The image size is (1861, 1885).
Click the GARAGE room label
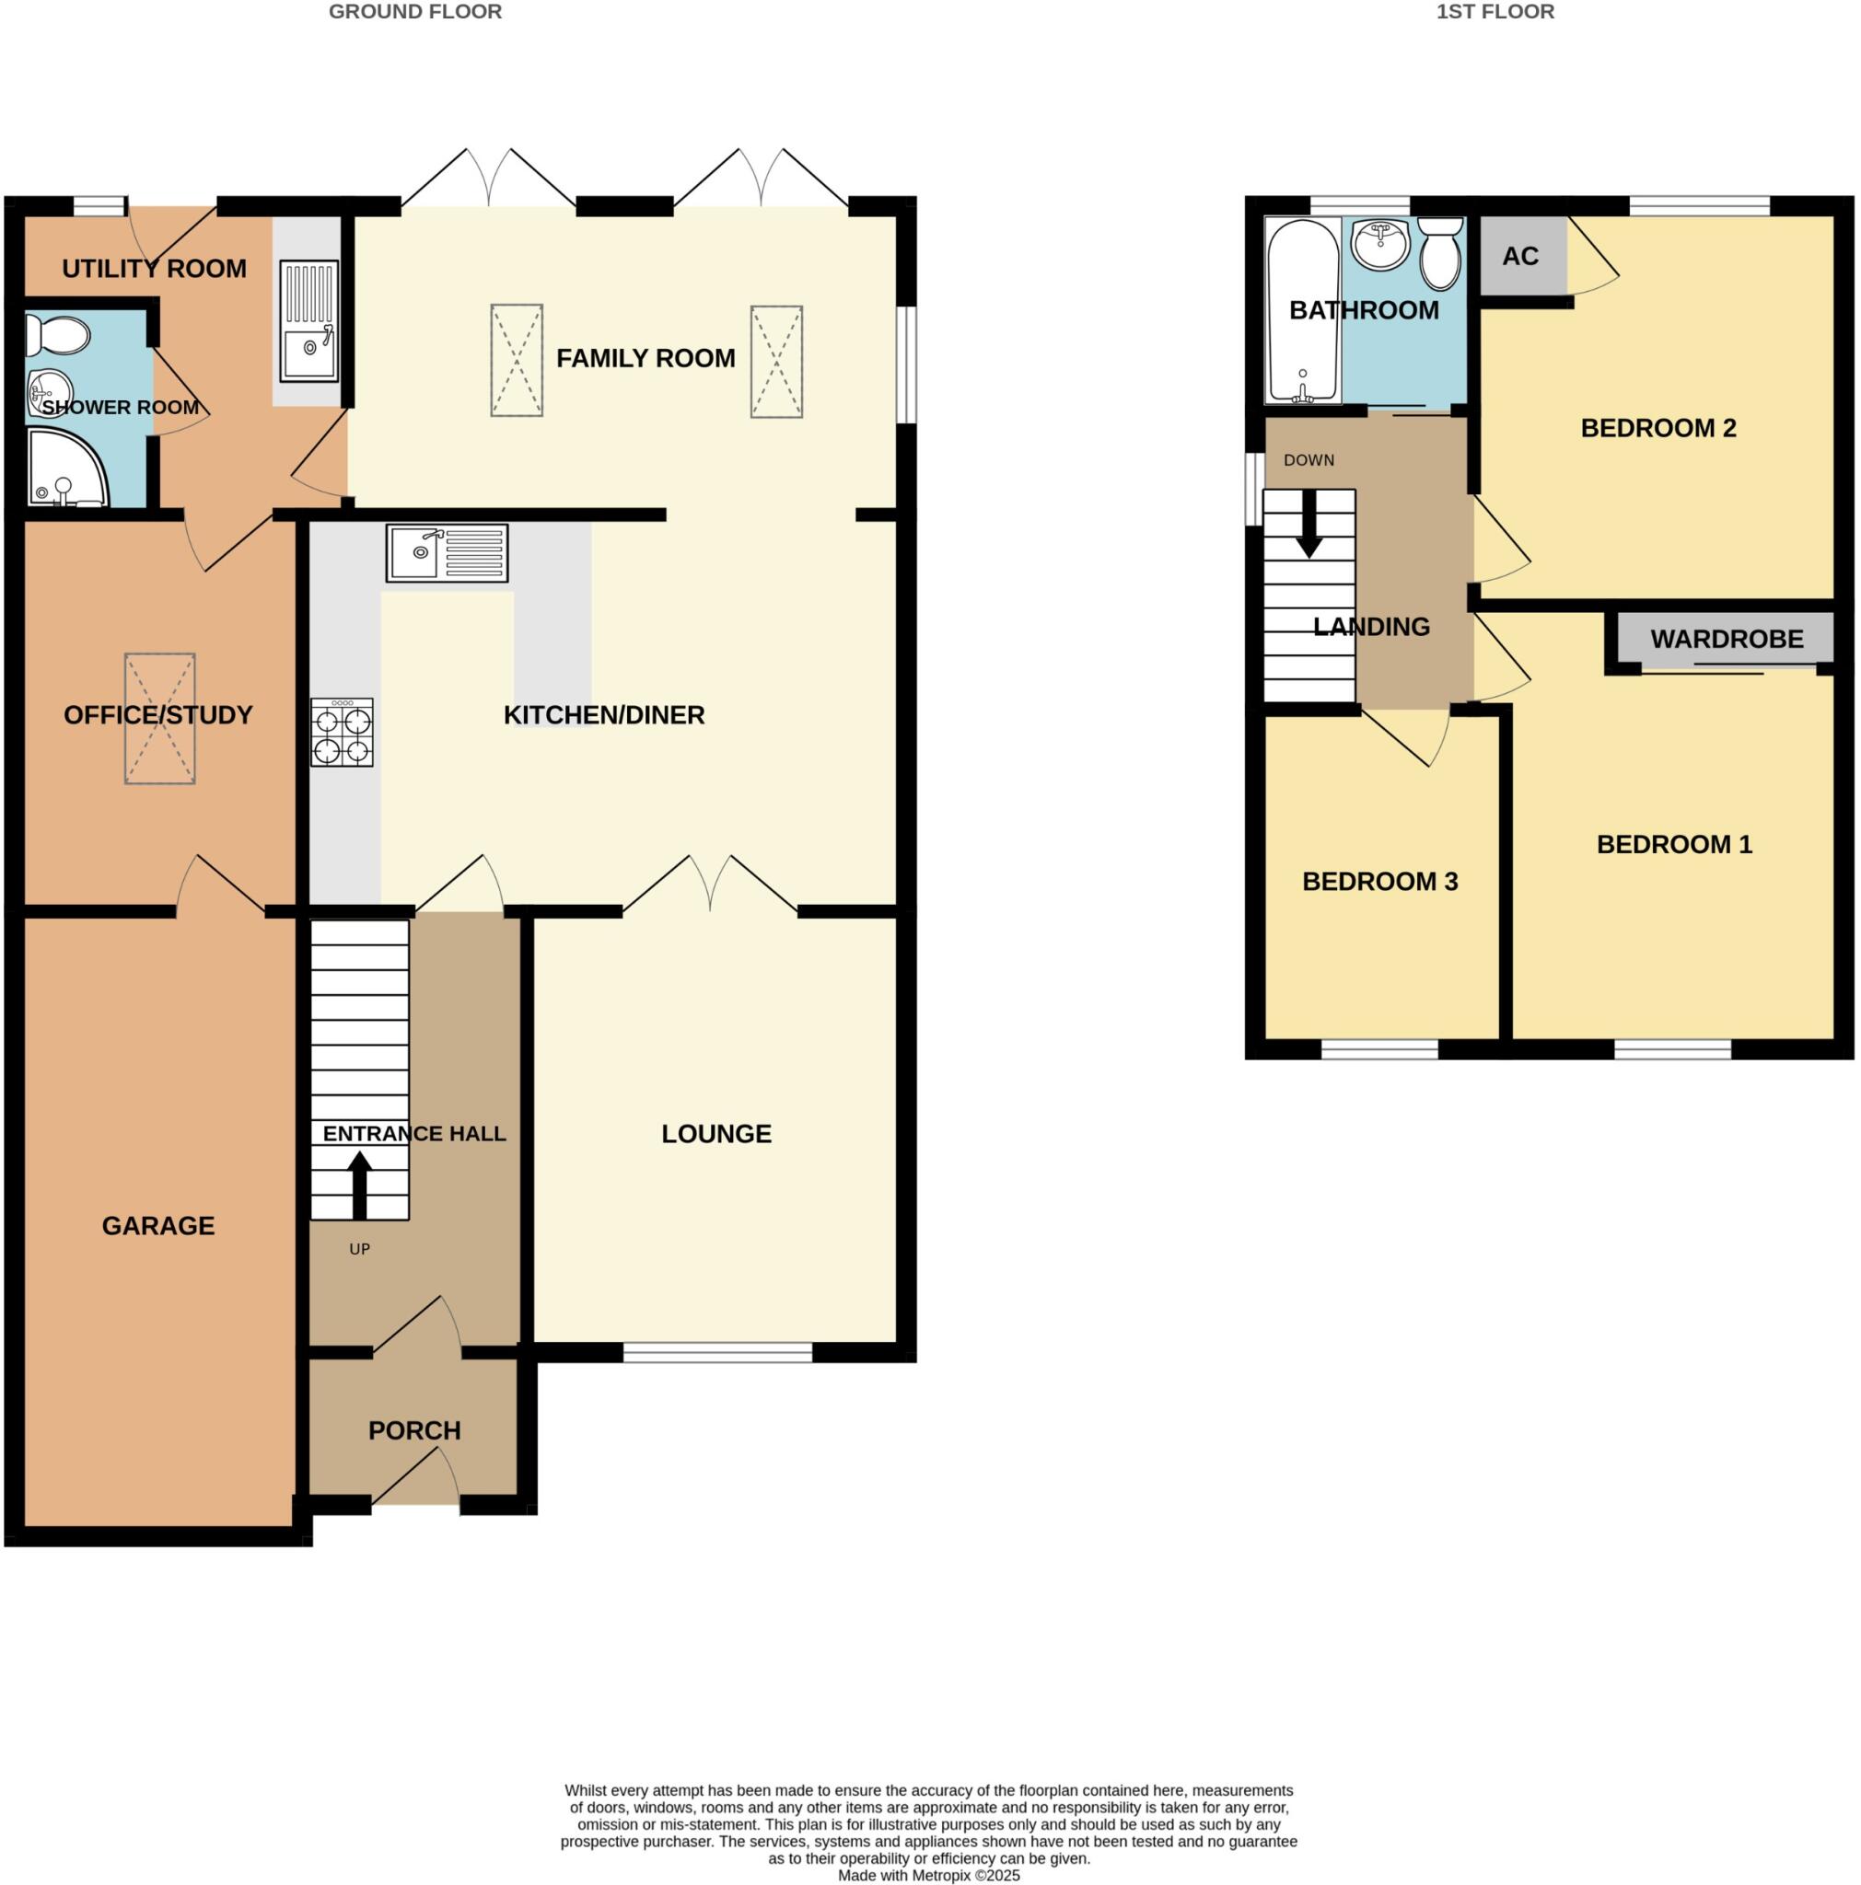pyautogui.click(x=158, y=1225)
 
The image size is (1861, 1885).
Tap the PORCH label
pyautogui.click(x=413, y=1430)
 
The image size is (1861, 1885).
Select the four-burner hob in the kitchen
pyautogui.click(x=342, y=732)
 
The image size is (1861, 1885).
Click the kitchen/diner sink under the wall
pyautogui.click(x=447, y=553)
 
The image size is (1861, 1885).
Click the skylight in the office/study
pyautogui.click(x=159, y=718)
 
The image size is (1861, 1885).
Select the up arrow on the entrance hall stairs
pyautogui.click(x=359, y=1185)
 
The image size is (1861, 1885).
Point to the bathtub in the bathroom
pyautogui.click(x=1302, y=310)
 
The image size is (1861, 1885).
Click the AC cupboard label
pyautogui.click(x=1519, y=257)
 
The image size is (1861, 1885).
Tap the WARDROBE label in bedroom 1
pyautogui.click(x=1726, y=639)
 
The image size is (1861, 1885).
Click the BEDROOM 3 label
pyautogui.click(x=1378, y=881)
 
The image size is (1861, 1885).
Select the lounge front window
pyautogui.click(x=717, y=1351)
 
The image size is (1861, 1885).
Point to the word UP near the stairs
pyautogui.click(x=359, y=1249)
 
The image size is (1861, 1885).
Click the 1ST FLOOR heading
pyautogui.click(x=1495, y=12)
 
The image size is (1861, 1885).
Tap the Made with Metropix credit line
pyautogui.click(x=928, y=1874)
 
